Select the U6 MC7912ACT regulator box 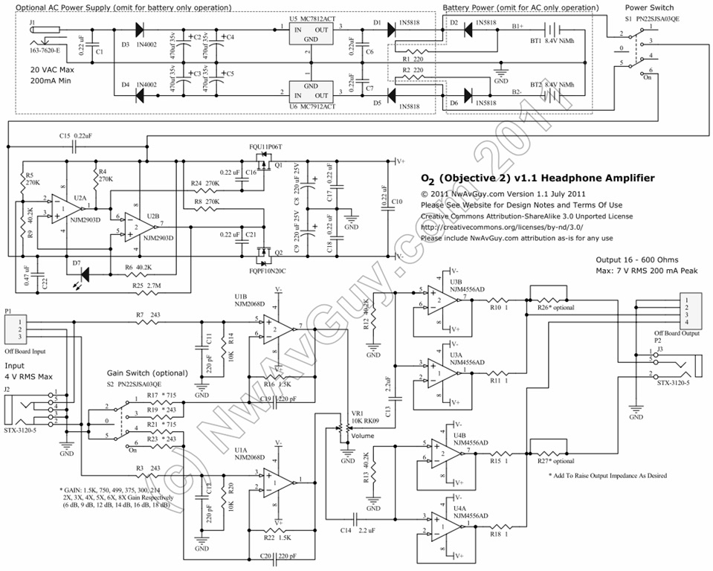click(x=309, y=90)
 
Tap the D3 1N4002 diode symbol click(x=138, y=30)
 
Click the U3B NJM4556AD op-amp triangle click(x=445, y=299)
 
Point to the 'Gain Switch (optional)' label click(x=149, y=372)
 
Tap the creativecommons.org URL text click(x=501, y=228)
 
